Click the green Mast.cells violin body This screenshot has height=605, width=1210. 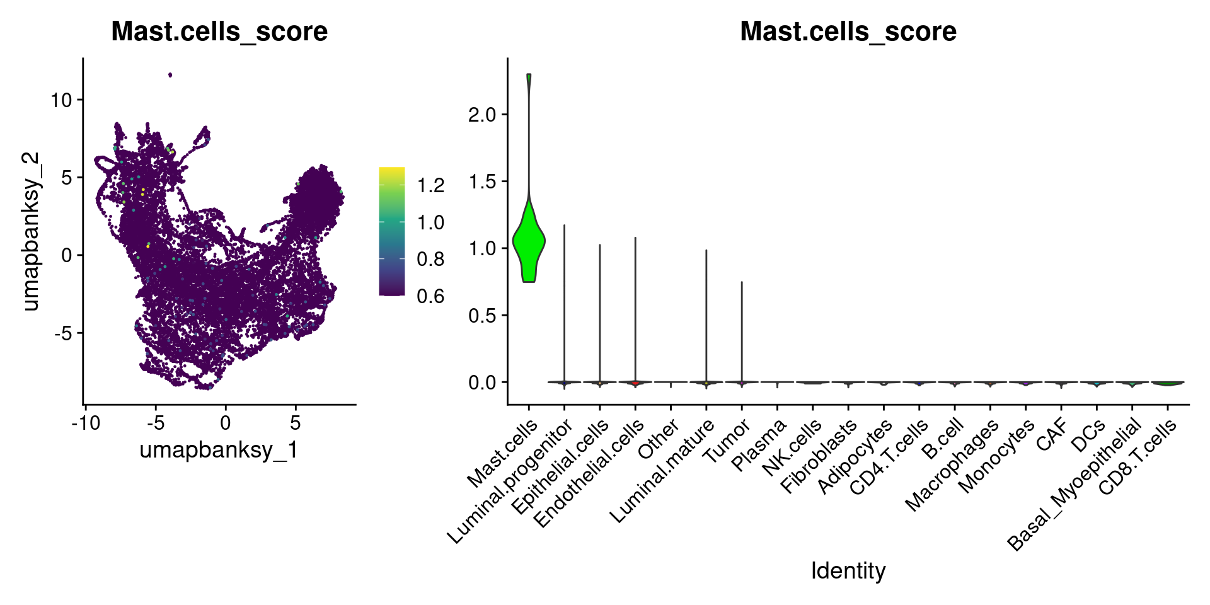pyautogui.click(x=529, y=242)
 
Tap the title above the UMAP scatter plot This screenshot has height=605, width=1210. pyautogui.click(x=219, y=32)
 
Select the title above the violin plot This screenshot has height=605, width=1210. pyautogui.click(x=848, y=32)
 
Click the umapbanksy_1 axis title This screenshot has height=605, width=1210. pyautogui.click(x=219, y=450)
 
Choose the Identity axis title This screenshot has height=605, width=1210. pyautogui.click(x=848, y=571)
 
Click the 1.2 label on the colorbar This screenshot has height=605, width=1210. pyautogui.click(x=431, y=185)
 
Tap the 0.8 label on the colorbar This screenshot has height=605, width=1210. pyautogui.click(x=431, y=259)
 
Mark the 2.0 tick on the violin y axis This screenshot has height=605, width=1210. pyautogui.click(x=482, y=115)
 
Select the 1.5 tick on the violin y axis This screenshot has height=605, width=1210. pyautogui.click(x=482, y=181)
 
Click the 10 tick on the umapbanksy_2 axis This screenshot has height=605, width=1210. pyautogui.click(x=62, y=100)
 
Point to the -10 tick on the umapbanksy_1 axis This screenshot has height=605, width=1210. pyautogui.click(x=86, y=423)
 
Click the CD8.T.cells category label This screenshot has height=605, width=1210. pyautogui.click(x=1138, y=457)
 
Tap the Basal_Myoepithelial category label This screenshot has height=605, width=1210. pyautogui.click(x=1075, y=485)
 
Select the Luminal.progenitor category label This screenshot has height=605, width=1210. pyautogui.click(x=510, y=482)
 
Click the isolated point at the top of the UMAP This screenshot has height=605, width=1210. pyautogui.click(x=170, y=75)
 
